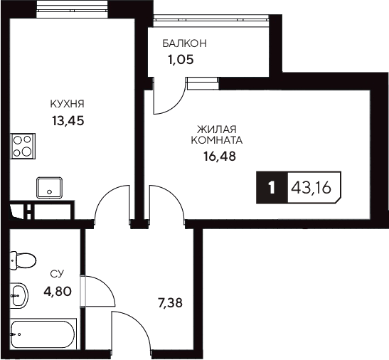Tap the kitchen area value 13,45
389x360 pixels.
click(x=68, y=120)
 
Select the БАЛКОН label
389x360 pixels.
click(x=184, y=43)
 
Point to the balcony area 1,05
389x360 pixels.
click(x=181, y=60)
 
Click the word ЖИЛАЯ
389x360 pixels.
click(x=215, y=128)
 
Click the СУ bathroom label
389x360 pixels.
click(x=56, y=273)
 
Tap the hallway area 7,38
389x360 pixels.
click(x=169, y=302)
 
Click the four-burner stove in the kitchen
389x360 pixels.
click(x=23, y=145)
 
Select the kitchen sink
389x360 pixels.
click(x=50, y=187)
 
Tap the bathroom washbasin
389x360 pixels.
click(x=20, y=293)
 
